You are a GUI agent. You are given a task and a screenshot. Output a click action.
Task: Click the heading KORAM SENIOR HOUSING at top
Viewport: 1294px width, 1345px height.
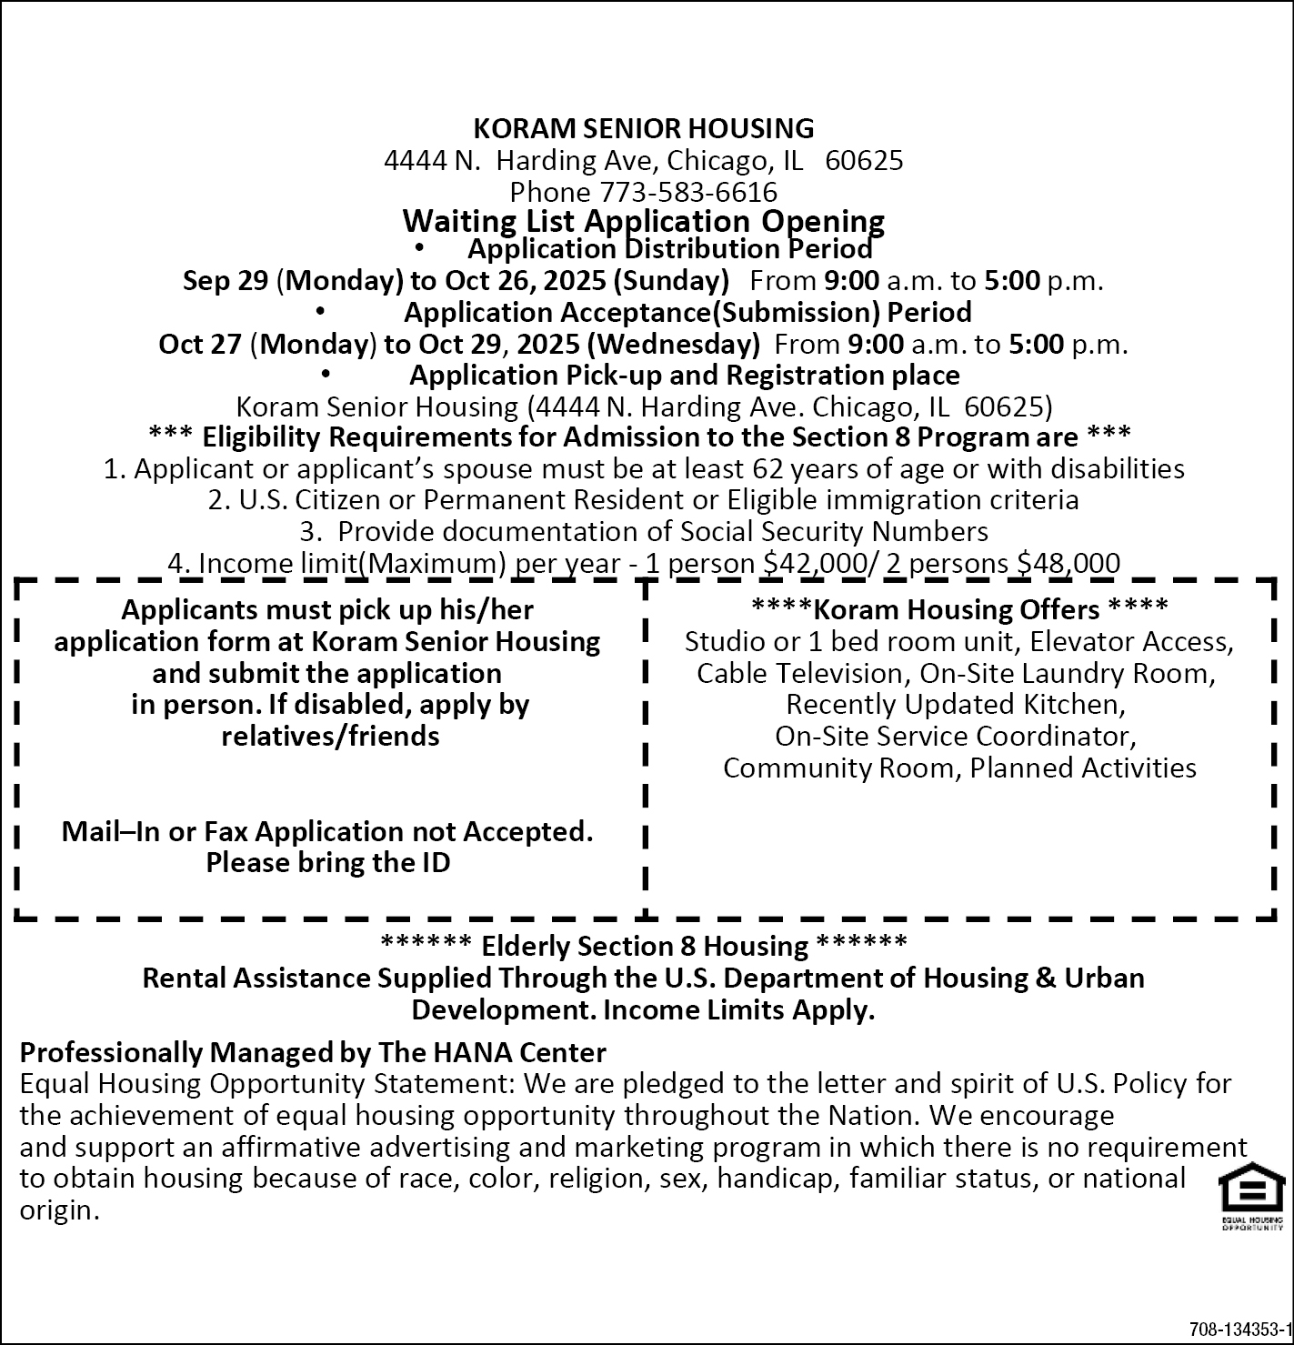644,128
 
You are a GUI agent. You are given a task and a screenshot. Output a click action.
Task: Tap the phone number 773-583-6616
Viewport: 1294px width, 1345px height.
688,192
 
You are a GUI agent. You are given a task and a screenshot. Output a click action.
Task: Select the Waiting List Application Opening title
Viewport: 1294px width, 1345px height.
644,221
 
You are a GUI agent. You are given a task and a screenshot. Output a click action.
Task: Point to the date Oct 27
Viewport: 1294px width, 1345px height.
200,344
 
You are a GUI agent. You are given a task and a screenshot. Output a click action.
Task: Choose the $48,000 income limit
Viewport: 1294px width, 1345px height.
1068,563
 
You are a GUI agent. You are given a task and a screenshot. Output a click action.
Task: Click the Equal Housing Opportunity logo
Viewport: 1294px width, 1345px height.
1252,1195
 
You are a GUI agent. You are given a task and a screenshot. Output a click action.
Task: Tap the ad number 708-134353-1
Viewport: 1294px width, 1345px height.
1240,1328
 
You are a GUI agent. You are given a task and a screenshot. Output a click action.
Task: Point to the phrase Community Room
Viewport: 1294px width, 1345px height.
841,768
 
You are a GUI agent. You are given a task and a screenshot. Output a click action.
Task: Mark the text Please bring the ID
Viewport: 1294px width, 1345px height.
328,862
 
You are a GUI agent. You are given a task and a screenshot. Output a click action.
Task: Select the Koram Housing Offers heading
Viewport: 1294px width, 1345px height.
959,608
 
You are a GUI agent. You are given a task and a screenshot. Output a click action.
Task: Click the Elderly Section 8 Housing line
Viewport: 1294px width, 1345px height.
644,946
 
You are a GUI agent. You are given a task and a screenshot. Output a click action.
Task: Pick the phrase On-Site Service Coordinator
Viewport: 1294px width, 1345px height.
956,736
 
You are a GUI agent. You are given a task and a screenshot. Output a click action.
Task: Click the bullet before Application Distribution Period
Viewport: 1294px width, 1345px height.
419,247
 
